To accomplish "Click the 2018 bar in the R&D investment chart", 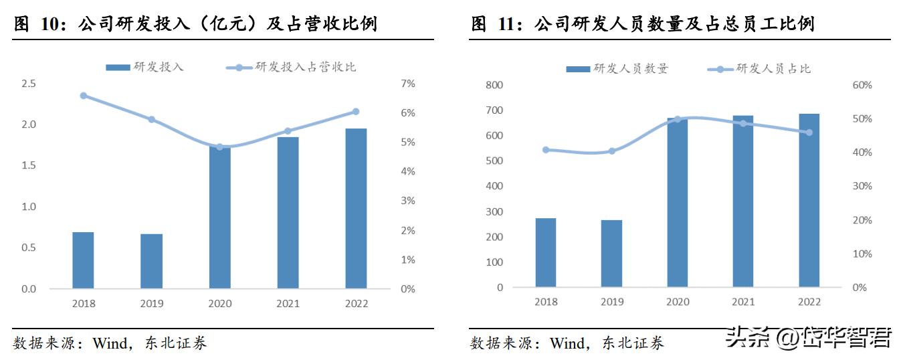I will click(x=83, y=260).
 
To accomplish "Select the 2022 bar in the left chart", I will click(x=356, y=208).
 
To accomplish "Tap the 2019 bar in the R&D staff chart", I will click(x=611, y=254).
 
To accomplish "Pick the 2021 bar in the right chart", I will click(x=743, y=201).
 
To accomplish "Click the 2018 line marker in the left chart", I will click(x=84, y=96).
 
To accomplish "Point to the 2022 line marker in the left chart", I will click(x=356, y=112).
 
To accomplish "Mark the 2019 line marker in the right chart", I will click(x=611, y=151).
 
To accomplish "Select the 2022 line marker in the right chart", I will click(x=809, y=132).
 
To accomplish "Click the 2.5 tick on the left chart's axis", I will click(x=29, y=84).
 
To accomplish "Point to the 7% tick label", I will click(x=407, y=84).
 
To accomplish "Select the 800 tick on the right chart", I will click(x=494, y=85).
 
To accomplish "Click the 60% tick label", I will click(x=862, y=85).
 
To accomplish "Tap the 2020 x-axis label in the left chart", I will click(x=219, y=304).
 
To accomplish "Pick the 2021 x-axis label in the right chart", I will click(x=743, y=302).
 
